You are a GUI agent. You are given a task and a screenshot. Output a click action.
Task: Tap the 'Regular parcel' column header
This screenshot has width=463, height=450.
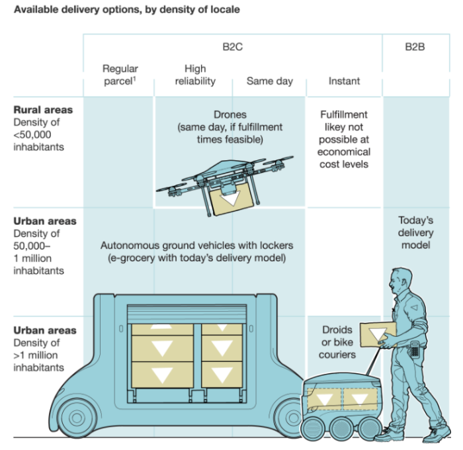point(120,75)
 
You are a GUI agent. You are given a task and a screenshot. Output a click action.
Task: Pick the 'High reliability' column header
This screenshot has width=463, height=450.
point(195,75)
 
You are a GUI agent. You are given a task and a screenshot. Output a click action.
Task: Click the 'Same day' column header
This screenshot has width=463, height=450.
point(269,81)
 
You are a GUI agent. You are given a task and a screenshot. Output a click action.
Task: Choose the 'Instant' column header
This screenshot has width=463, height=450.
point(344,81)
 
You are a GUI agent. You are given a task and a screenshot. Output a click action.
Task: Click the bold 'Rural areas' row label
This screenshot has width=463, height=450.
point(44,110)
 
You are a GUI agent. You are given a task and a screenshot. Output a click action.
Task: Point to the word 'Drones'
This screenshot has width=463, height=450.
point(230,114)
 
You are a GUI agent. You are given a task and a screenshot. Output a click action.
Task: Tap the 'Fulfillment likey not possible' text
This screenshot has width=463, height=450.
point(344,139)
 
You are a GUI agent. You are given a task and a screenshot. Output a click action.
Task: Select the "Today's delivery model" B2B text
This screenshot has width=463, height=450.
point(416,233)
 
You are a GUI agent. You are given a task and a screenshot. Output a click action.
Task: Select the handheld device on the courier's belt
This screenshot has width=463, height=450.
point(415,349)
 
